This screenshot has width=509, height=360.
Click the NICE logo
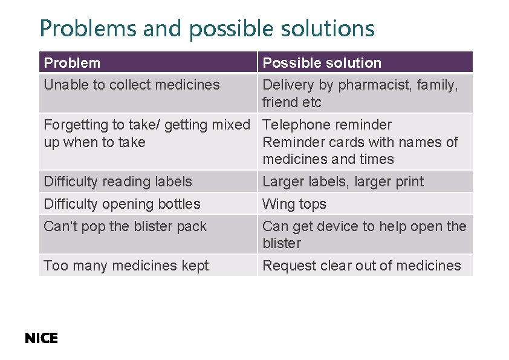41,339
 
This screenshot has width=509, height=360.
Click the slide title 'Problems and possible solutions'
207,28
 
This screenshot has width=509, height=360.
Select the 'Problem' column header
72,63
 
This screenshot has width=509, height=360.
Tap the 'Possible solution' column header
322,63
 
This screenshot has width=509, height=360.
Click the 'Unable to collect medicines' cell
132,85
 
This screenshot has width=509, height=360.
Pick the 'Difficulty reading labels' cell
118,182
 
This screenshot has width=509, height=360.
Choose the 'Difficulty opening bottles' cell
122,204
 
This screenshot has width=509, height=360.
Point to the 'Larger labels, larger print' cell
343,182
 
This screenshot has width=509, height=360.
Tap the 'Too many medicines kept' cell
126,266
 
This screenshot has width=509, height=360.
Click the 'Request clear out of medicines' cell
361,266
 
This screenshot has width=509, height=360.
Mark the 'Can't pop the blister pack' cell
125,226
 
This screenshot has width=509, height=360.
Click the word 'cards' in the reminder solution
336,142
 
